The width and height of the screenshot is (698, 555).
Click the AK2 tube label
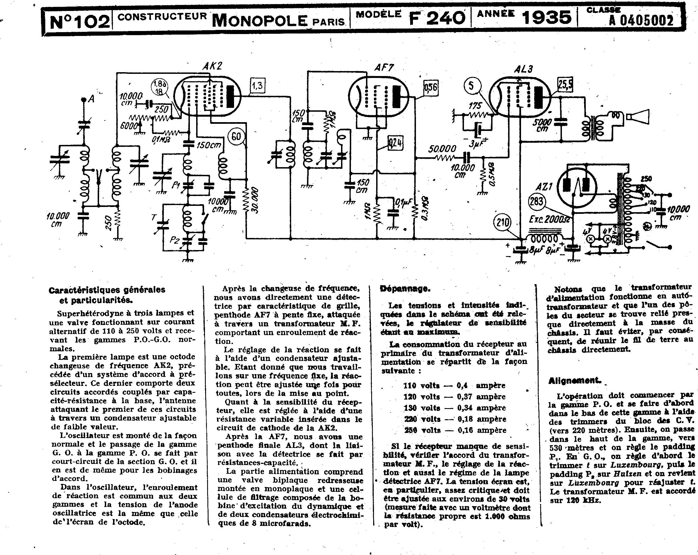point(212,66)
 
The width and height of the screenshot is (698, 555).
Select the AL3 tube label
point(523,69)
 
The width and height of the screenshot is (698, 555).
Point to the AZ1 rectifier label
point(544,187)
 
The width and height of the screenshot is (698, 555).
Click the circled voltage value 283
point(536,201)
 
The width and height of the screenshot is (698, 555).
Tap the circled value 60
point(236,136)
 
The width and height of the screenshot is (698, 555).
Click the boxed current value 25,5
point(565,85)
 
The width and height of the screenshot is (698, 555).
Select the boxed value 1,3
point(257,86)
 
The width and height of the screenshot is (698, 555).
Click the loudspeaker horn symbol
point(638,117)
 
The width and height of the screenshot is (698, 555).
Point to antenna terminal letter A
point(91,99)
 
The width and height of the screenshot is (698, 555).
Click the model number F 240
point(437,18)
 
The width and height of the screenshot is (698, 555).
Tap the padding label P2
point(174,240)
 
